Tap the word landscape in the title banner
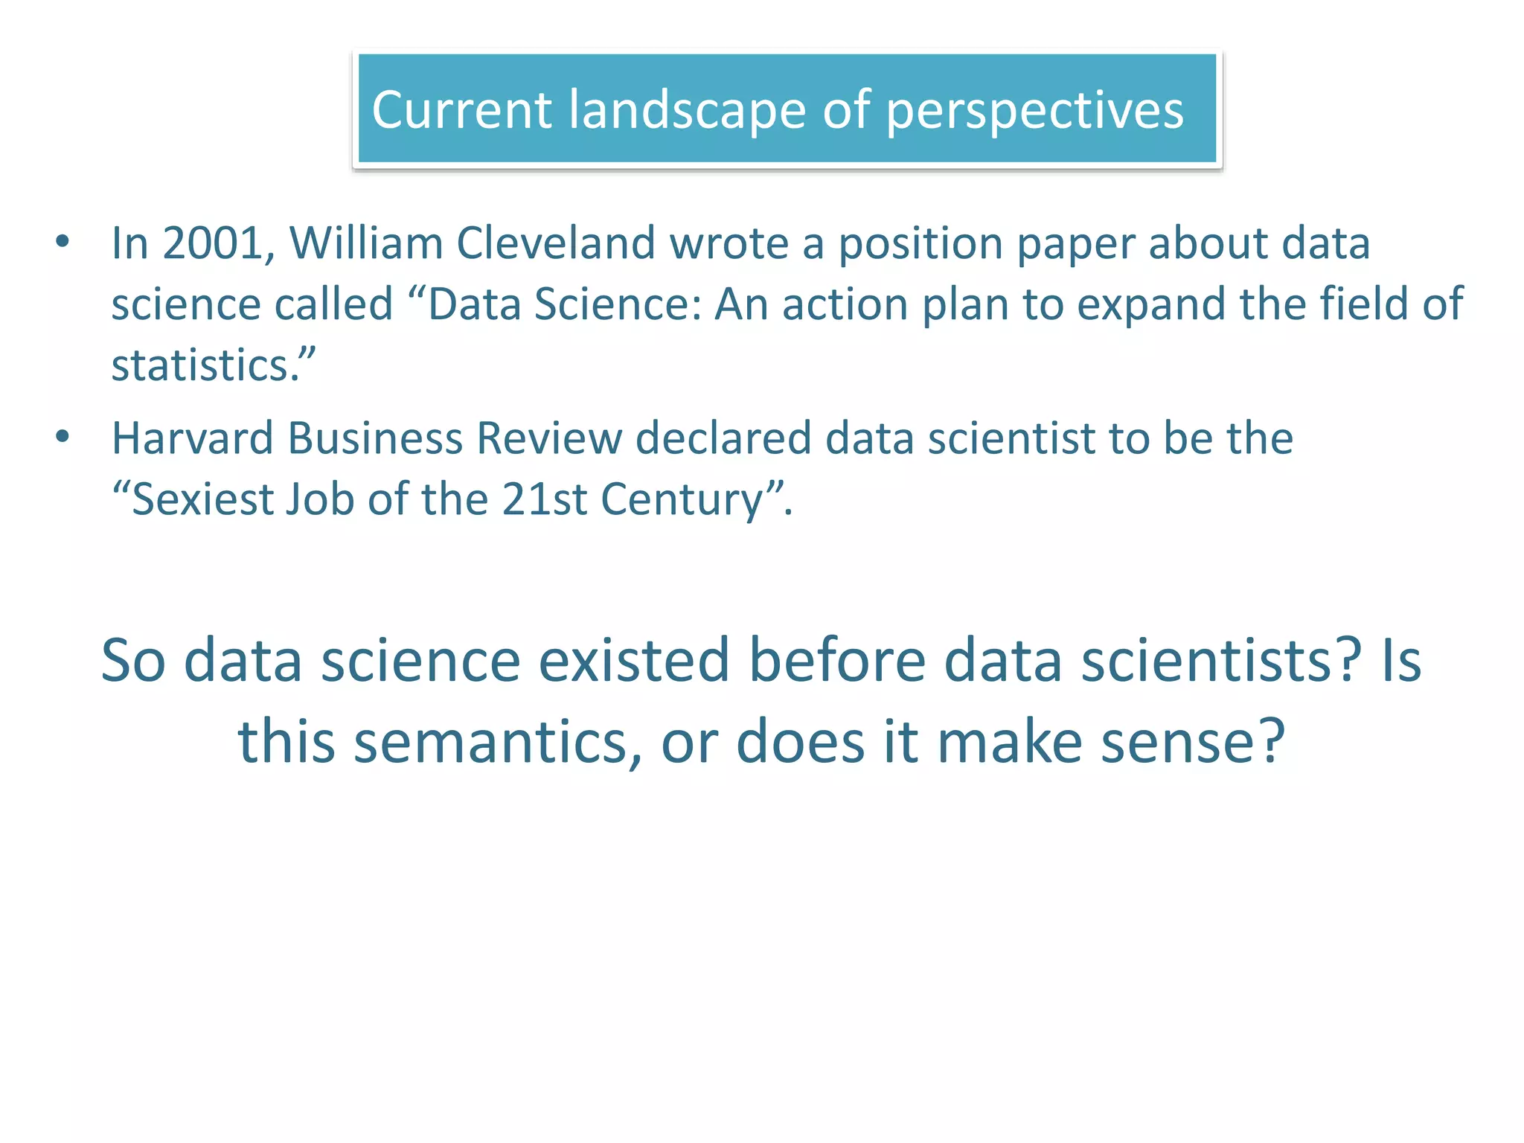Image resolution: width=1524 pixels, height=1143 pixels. (687, 111)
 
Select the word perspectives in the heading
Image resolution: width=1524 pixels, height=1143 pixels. (1034, 111)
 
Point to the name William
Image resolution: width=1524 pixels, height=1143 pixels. (366, 243)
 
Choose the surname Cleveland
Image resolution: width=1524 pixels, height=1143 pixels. (555, 243)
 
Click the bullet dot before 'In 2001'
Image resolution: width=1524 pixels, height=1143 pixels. (63, 242)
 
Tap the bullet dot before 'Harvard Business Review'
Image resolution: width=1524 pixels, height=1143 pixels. (63, 437)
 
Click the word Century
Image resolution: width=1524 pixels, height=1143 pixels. (682, 500)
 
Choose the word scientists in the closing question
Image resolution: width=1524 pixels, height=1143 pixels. (1221, 660)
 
